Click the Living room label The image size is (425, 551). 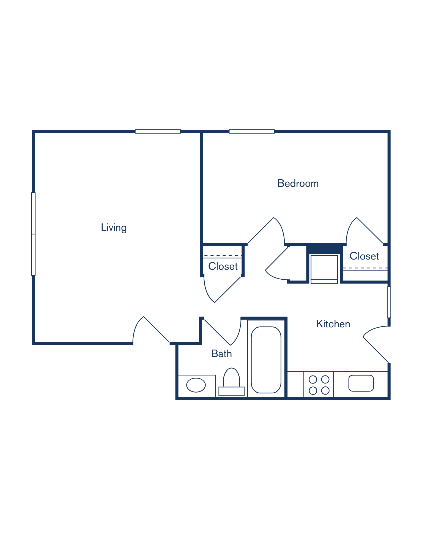[x=114, y=228]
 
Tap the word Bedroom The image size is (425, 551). [x=298, y=183]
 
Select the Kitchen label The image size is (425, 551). [x=333, y=324]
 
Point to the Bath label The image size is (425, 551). [x=221, y=354]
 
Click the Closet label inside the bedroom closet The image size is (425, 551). [x=364, y=256]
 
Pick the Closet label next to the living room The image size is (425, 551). [x=223, y=266]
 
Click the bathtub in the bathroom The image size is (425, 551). [x=266, y=360]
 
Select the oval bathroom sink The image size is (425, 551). [x=196, y=385]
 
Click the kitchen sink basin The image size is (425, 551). [x=361, y=383]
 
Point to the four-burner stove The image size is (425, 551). [x=319, y=385]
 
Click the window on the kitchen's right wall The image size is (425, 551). [x=389, y=302]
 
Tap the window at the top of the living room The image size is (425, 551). [x=158, y=131]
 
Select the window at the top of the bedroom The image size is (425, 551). [x=252, y=131]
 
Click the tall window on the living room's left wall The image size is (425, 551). [x=34, y=234]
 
